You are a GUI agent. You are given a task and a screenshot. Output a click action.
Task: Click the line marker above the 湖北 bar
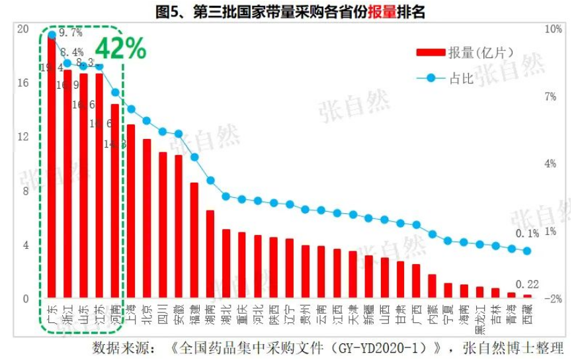tap(226, 197)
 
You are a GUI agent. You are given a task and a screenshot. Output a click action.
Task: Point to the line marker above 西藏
tap(527, 251)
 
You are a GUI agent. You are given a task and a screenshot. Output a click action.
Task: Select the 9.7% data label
tap(70, 32)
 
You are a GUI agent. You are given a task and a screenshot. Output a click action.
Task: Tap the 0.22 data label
tap(527, 285)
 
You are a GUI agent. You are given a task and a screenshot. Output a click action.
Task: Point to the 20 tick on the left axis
tap(23, 29)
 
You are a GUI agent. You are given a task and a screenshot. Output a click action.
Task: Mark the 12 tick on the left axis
tap(23, 137)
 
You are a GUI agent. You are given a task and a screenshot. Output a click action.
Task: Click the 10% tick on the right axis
tap(552, 29)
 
